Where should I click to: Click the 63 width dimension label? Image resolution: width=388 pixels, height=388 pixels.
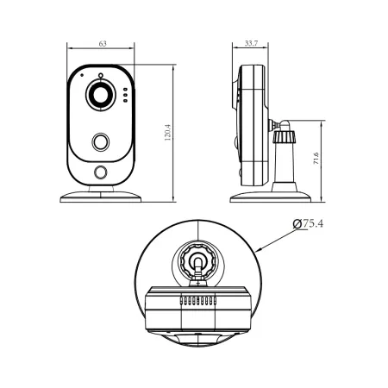tap(103, 44)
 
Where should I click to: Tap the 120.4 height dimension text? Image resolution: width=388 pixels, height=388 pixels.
tap(168, 133)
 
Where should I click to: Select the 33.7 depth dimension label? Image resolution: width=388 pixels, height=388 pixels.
tap(251, 43)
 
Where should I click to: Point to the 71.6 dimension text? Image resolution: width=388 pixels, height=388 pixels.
tap(316, 159)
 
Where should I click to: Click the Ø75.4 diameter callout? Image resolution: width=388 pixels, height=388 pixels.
tap(308, 223)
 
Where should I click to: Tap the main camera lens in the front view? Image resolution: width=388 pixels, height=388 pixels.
tap(101, 95)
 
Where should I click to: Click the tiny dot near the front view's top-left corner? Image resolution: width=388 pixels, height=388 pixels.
tap(82, 75)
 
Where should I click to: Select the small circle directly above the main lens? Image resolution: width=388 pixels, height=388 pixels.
tap(100, 76)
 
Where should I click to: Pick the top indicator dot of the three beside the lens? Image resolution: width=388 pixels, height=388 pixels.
tap(125, 90)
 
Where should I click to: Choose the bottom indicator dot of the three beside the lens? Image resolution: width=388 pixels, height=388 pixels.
tap(125, 100)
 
